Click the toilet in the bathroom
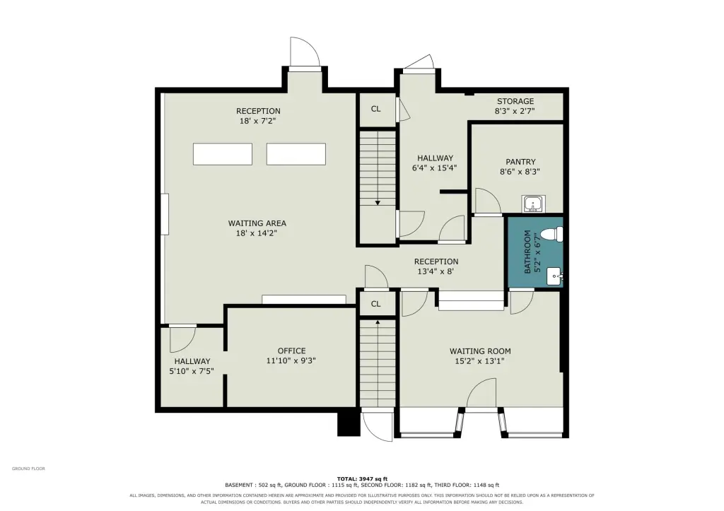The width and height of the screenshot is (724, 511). (x=552, y=233)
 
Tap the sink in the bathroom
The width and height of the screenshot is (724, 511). (x=554, y=276)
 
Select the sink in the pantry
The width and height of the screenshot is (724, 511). (x=534, y=204)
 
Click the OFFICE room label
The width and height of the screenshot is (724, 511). (x=291, y=351)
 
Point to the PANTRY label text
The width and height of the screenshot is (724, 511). (x=520, y=162)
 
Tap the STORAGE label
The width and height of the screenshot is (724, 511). (x=515, y=101)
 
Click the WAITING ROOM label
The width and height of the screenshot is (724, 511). (x=480, y=351)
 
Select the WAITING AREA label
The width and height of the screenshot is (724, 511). (x=257, y=223)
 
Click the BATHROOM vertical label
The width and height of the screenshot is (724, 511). (x=527, y=252)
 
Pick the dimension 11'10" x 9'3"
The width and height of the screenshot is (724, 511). (x=291, y=361)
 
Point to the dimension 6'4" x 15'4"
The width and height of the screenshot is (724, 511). (x=435, y=168)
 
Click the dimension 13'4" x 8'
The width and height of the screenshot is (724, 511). (x=436, y=271)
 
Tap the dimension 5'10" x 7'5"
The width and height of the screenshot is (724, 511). (x=192, y=371)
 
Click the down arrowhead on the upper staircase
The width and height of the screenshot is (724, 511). (x=378, y=202)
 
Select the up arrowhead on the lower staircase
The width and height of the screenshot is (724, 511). (x=378, y=322)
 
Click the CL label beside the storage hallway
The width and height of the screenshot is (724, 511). (x=376, y=109)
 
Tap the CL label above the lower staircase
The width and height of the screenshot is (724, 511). (x=376, y=304)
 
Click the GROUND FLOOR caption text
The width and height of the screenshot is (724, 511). (x=28, y=469)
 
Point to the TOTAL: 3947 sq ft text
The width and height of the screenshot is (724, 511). (x=362, y=478)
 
